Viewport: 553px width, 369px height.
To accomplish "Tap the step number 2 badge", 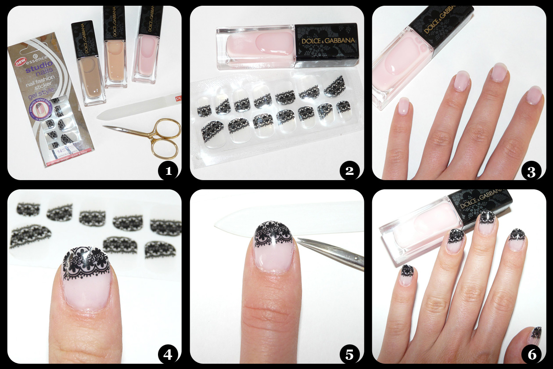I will [x=349, y=171].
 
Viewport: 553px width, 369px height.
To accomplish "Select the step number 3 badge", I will [x=531, y=171].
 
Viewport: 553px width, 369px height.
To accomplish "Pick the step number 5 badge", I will [x=349, y=354].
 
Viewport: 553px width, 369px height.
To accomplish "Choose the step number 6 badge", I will [x=531, y=354].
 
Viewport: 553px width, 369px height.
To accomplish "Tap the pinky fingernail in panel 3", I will [x=403, y=106].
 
